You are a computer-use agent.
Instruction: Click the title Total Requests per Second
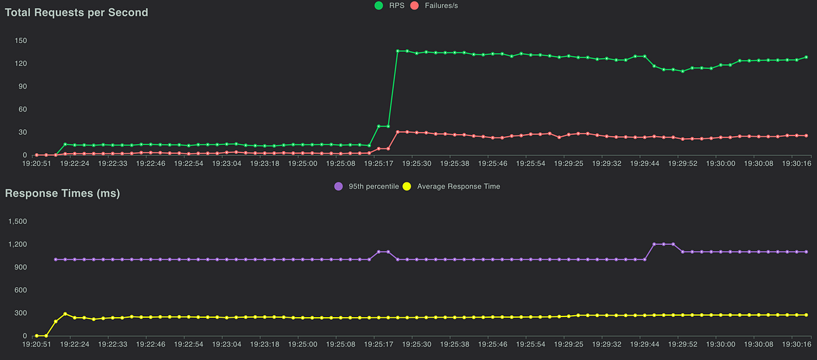(x=76, y=12)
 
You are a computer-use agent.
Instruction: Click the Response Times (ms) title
(x=63, y=194)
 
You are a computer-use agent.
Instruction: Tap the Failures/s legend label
(x=438, y=5)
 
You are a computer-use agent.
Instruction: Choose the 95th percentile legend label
(x=374, y=186)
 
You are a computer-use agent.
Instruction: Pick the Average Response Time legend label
(x=458, y=186)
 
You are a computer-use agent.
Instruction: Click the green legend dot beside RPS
(x=379, y=5)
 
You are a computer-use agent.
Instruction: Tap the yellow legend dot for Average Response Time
(x=407, y=186)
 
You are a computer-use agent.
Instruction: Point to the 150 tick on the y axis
(x=20, y=40)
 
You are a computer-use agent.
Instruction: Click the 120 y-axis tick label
(x=20, y=63)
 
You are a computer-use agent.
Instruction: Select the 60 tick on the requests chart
(x=22, y=109)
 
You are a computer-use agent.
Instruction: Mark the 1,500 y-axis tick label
(x=17, y=221)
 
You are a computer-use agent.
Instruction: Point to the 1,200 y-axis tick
(x=17, y=244)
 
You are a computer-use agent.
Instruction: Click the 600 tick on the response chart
(x=20, y=290)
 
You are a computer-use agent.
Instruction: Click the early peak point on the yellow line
(x=65, y=314)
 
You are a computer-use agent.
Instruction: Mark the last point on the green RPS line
(x=807, y=57)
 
